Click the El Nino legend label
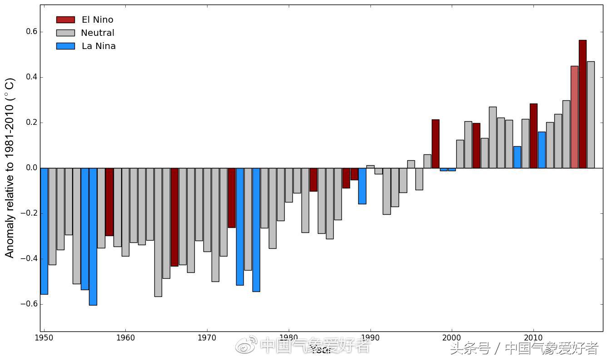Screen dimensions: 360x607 coord(97,20)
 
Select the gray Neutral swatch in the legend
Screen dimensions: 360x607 coord(65,33)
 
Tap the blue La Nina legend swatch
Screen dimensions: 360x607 coord(65,46)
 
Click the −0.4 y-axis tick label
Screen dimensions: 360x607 coord(28,259)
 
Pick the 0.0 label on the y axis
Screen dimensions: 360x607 coord(30,168)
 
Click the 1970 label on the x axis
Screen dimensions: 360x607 coord(207,338)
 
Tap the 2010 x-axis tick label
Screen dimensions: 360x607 coord(533,338)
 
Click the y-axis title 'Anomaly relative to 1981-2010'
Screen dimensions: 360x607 coord(10,168)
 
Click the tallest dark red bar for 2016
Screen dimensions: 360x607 coord(582,104)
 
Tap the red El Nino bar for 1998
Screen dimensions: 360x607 coord(435,143)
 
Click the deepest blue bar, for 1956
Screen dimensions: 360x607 coord(93,237)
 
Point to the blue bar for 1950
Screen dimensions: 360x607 coord(44,231)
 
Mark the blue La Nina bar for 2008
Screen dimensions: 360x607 coord(517,157)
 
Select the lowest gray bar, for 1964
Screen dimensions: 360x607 coord(158,232)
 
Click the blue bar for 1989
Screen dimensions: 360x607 coord(362,186)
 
